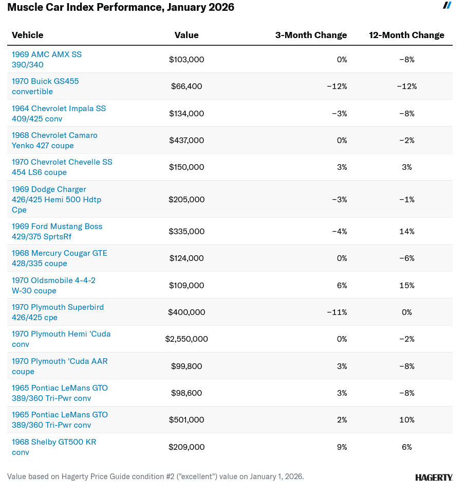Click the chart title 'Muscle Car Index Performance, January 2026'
tap(121, 8)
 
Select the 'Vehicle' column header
tap(28, 35)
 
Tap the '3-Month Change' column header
tap(311, 35)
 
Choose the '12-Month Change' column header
tap(406, 35)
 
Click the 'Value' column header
tap(187, 35)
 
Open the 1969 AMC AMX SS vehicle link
tap(47, 60)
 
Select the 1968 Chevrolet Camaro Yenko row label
tap(54, 140)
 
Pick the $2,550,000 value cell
tap(187, 339)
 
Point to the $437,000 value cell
tap(187, 140)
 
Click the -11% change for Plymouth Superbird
tap(337, 312)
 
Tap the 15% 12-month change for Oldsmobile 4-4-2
tap(406, 286)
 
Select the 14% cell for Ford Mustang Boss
tap(406, 232)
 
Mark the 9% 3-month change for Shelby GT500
tap(342, 447)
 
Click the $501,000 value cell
tap(187, 420)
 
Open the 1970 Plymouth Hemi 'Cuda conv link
tap(61, 339)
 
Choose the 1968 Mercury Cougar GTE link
tap(60, 258)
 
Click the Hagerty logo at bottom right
tap(434, 478)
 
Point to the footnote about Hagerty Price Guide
tap(155, 477)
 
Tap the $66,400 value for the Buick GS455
tap(187, 86)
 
